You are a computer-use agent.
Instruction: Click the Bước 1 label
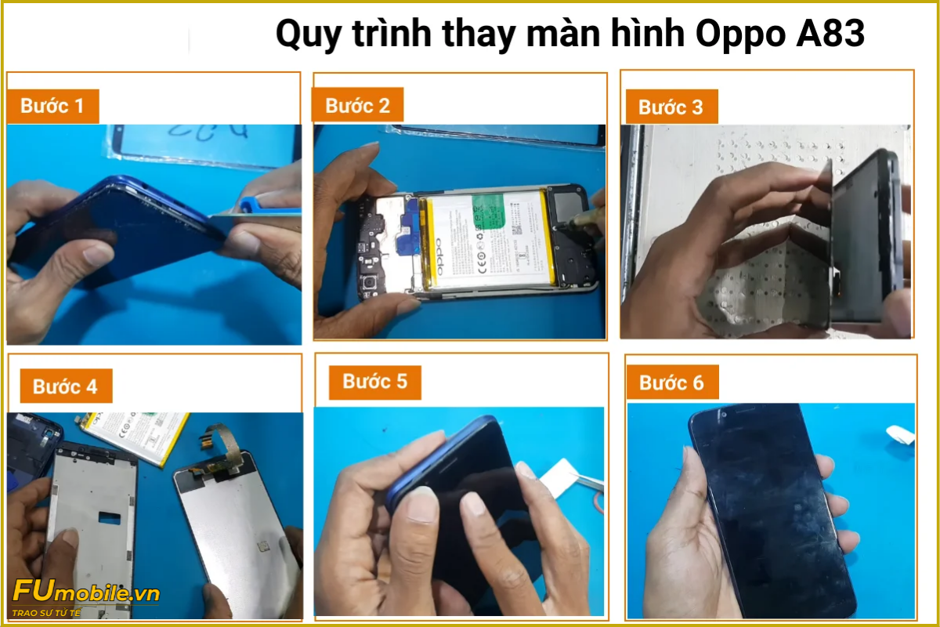pyautogui.click(x=52, y=106)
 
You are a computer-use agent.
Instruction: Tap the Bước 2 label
pyautogui.click(x=357, y=106)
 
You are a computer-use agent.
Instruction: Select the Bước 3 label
pyautogui.click(x=671, y=107)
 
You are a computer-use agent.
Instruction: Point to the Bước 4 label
pyautogui.click(x=65, y=386)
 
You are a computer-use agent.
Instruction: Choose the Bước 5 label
pyautogui.click(x=374, y=382)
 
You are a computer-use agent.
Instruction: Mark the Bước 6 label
pyautogui.click(x=671, y=382)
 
